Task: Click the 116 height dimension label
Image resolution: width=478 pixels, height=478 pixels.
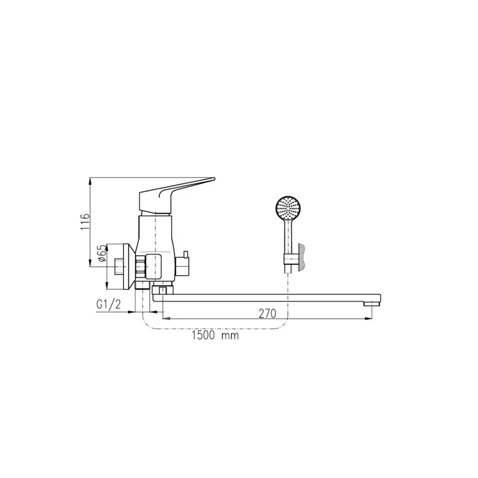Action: (86, 222)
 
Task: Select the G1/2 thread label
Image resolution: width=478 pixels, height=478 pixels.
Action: (108, 304)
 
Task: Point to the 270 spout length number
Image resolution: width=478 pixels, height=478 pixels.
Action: (267, 313)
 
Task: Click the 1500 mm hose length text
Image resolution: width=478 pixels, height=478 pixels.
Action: (215, 336)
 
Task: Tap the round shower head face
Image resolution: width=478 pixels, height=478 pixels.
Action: (288, 208)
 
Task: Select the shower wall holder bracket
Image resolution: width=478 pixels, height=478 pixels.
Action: (291, 260)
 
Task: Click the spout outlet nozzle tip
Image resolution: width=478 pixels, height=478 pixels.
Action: (372, 303)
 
